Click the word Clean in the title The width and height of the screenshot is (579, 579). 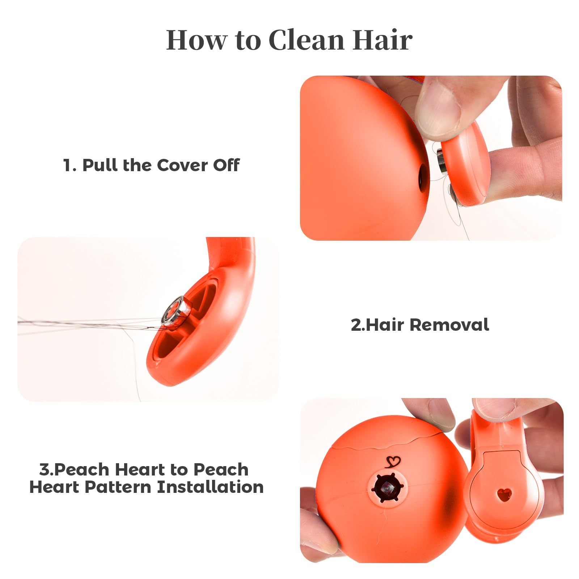[x=307, y=39]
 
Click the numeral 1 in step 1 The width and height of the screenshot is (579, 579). [x=68, y=165]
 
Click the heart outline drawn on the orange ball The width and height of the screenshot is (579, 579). [x=393, y=461]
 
